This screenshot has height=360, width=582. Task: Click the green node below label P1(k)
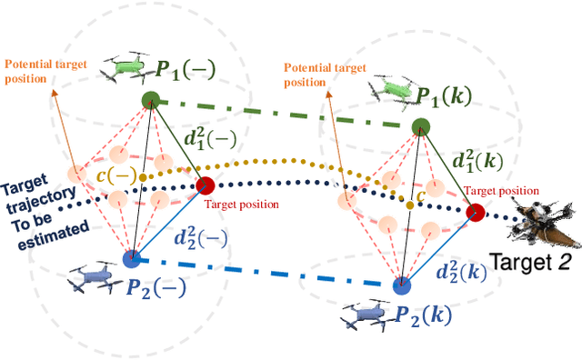[420, 126]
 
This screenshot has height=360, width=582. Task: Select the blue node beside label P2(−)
[133, 258]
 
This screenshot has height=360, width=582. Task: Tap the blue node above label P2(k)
[401, 285]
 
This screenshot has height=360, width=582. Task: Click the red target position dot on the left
[205, 186]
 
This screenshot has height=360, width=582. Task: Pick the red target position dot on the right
[474, 212]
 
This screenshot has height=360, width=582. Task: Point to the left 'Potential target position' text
[41, 71]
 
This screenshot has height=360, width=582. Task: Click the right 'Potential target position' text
[317, 74]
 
